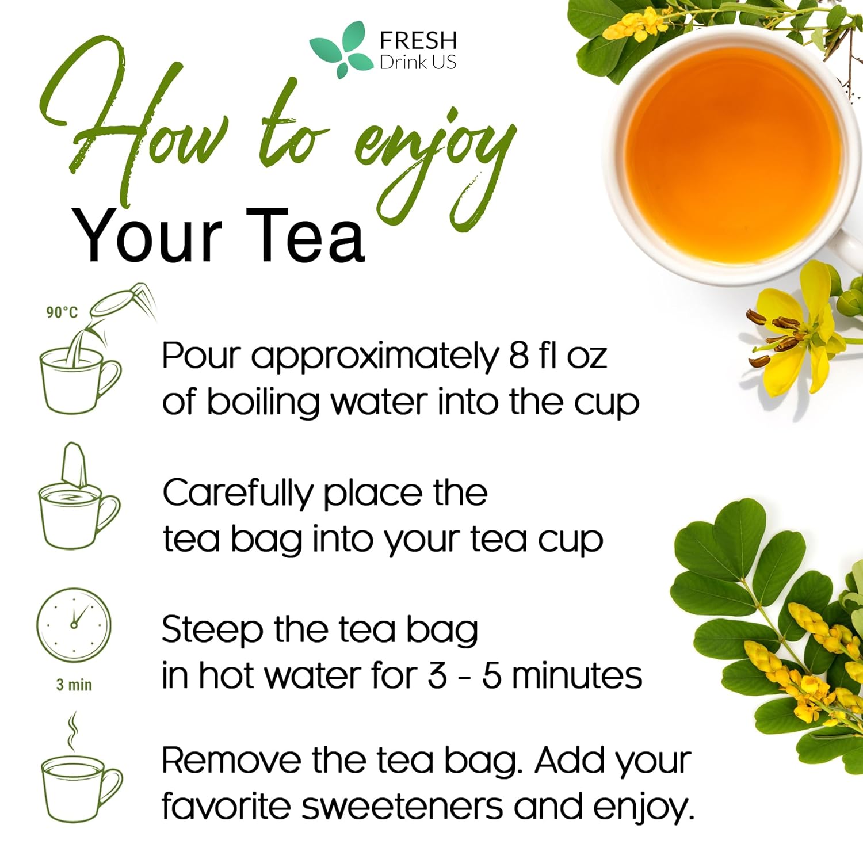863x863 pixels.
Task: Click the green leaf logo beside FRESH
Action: tap(339, 49)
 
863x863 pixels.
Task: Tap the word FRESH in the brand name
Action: tap(418, 40)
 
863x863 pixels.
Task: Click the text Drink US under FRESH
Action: tap(418, 62)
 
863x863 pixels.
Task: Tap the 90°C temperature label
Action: tap(62, 312)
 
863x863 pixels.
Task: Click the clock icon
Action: tap(74, 625)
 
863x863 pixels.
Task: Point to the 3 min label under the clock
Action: tap(74, 685)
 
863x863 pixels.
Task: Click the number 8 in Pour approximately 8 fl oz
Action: tap(518, 356)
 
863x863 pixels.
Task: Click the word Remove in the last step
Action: tap(230, 761)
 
